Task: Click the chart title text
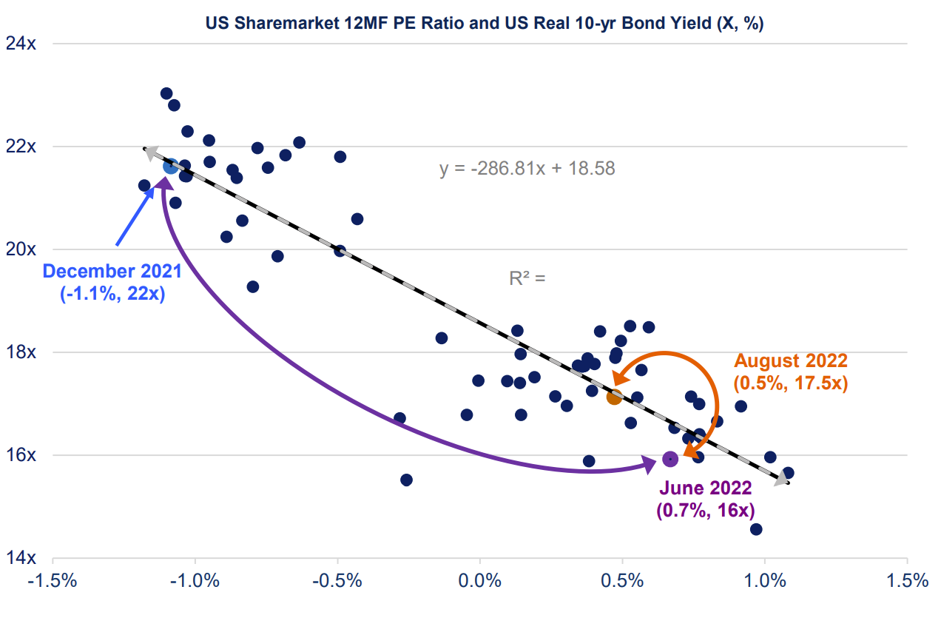click(485, 24)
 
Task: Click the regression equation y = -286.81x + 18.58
click(527, 169)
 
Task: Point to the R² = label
click(527, 279)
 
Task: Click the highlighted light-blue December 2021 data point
click(171, 167)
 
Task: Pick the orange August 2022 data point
click(614, 397)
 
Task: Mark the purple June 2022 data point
click(670, 459)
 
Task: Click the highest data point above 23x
click(166, 94)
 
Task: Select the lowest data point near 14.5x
click(756, 529)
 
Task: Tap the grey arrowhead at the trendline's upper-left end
click(149, 152)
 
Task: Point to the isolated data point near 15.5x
click(406, 480)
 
